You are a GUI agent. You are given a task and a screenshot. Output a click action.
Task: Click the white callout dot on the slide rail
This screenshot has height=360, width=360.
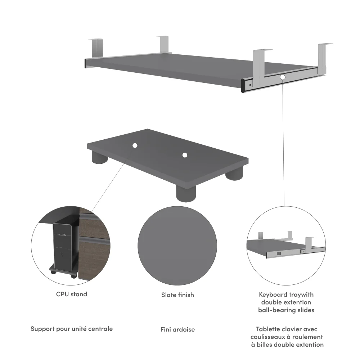pos(283,77)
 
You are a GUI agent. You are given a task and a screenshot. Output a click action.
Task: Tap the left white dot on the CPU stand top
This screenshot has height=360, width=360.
pos(135,145)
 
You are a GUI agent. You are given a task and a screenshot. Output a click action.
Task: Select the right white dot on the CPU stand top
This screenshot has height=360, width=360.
pos(185,155)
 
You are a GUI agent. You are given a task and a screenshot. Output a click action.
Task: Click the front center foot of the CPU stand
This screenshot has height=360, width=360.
pos(186,194)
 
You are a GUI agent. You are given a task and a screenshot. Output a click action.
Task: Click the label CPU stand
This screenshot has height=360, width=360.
pos(71,294)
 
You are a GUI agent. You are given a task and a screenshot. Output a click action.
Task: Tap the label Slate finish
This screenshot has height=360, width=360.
pos(177,295)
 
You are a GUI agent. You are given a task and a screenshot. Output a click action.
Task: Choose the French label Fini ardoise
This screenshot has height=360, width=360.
pos(177,329)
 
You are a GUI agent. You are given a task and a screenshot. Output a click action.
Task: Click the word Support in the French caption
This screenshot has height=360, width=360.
pos(42,329)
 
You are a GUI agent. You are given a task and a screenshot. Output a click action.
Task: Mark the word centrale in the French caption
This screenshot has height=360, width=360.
pos(99,329)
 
